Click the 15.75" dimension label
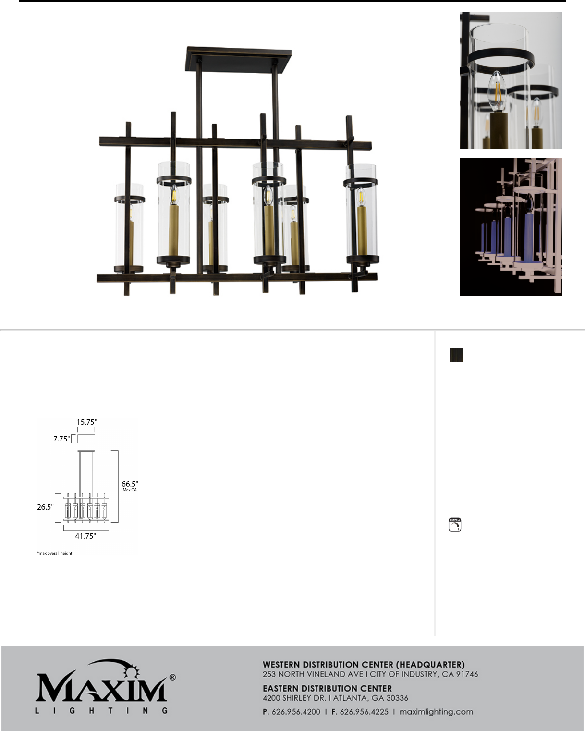(86, 422)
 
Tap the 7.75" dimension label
(61, 439)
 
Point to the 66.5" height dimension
(130, 484)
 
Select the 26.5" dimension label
(45, 507)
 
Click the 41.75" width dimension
(85, 536)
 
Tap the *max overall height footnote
(55, 553)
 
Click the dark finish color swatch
(456, 355)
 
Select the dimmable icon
(455, 525)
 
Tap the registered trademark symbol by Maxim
(172, 677)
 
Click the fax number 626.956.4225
(364, 712)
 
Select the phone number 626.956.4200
(296, 712)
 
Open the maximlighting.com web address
(437, 712)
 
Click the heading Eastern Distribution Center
(328, 689)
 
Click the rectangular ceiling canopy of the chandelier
(239, 61)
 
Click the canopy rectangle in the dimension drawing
(86, 439)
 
